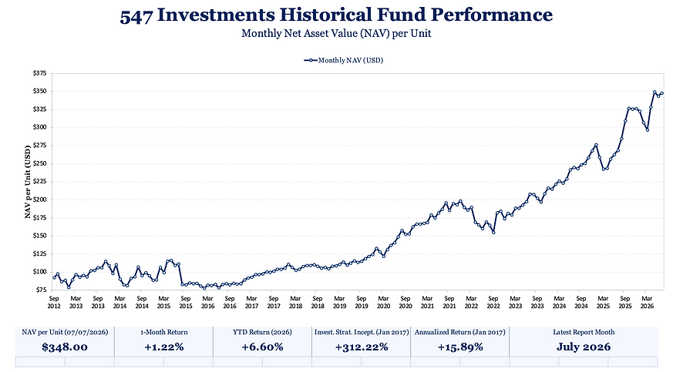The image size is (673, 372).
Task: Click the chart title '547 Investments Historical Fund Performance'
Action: coord(336,15)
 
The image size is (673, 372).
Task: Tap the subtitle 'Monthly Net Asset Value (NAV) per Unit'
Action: coord(336,33)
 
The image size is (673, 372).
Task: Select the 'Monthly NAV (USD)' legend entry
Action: coord(343,60)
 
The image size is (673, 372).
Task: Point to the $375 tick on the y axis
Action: coord(39,73)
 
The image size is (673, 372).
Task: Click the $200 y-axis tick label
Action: coord(39,199)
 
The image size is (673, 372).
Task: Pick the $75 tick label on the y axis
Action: coord(41,290)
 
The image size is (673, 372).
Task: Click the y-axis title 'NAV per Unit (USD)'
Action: coord(28,182)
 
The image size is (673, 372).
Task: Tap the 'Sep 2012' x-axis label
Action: coord(54,302)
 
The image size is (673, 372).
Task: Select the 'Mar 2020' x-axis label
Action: coord(383,302)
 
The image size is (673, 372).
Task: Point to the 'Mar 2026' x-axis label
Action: coord(647,302)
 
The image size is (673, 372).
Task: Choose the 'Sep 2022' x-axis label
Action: coord(493,302)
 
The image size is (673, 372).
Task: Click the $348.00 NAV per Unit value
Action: coord(65,347)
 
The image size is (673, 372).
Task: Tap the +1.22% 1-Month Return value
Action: coord(164,347)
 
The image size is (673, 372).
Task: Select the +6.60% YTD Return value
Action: coord(262,347)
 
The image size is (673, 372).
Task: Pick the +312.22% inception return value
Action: coord(362,347)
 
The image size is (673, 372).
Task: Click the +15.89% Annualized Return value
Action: coord(460,347)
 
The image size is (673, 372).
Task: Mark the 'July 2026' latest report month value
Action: coord(584,347)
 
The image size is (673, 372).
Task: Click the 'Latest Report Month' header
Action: coord(584,332)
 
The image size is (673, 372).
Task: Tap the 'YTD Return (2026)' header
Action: coord(262,332)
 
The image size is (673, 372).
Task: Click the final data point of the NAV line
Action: coord(662,93)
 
